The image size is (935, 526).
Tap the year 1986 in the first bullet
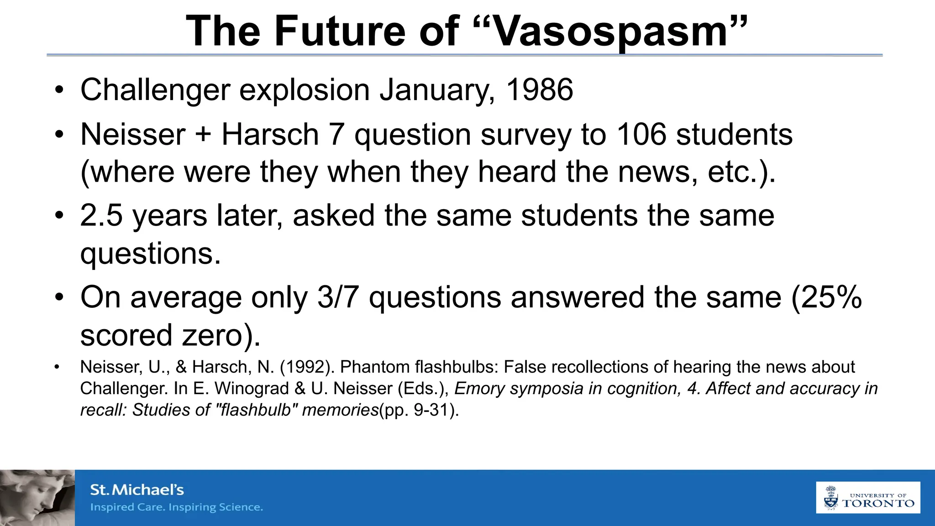[540, 90]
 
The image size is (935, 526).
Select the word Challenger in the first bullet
[155, 90]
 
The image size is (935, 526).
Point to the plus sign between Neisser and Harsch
[204, 135]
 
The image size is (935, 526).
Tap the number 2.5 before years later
[101, 216]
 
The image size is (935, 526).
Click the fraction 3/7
[337, 297]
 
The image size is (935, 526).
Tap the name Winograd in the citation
[252, 389]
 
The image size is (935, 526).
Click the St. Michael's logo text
[137, 490]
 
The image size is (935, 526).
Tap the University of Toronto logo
[868, 498]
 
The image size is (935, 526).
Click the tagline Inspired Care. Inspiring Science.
[177, 507]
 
